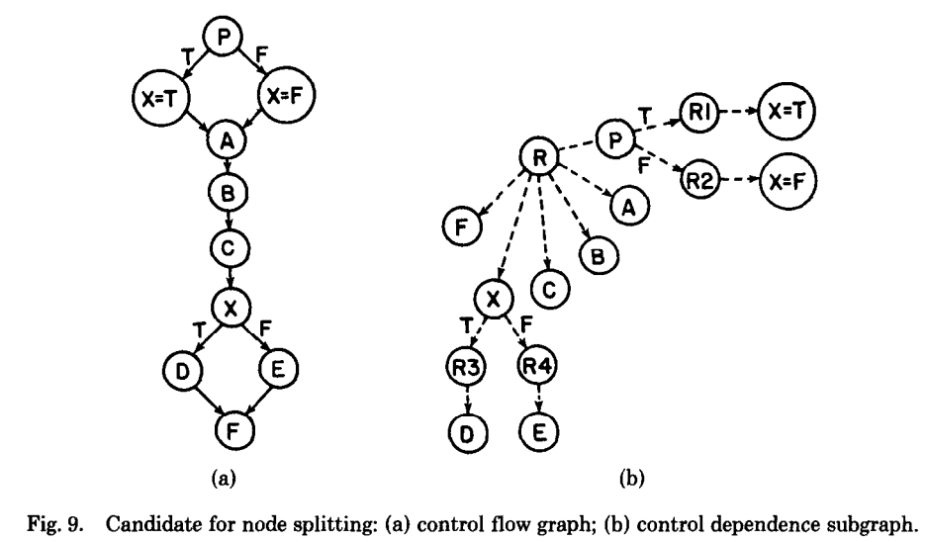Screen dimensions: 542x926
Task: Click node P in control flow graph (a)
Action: pos(224,38)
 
